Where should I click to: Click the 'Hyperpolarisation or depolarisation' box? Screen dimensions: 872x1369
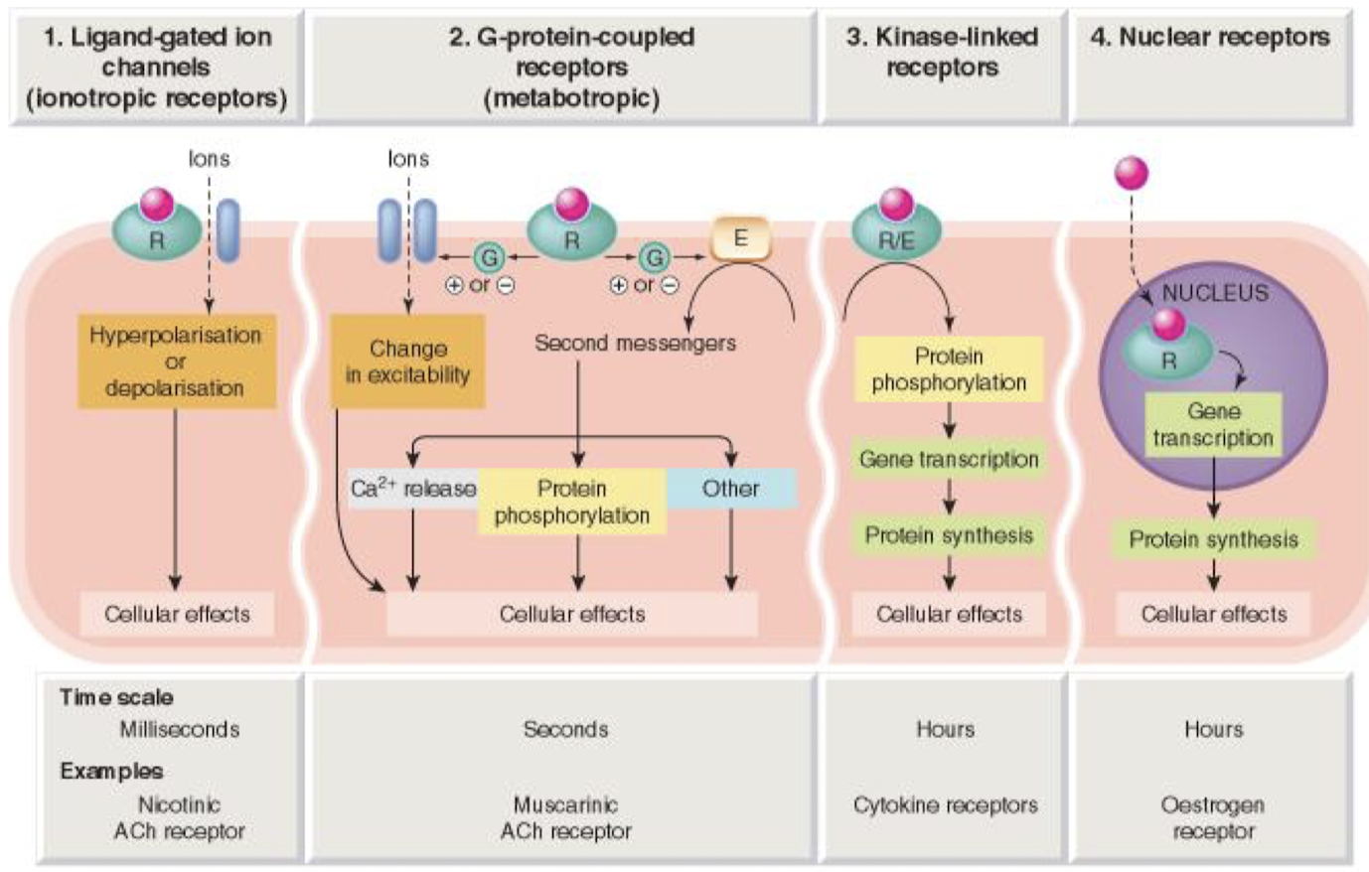[176, 362]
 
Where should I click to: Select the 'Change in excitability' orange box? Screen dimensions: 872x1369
[407, 362]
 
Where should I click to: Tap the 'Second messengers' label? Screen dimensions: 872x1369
[635, 344]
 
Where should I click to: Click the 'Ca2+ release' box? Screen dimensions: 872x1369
[412, 489]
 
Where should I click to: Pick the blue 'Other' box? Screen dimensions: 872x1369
[731, 489]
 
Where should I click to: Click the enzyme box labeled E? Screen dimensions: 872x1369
[740, 239]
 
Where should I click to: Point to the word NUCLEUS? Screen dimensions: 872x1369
[1215, 293]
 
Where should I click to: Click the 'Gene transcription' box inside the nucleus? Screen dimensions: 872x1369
[1213, 425]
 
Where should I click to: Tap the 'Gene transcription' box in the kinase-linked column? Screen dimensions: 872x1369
[949, 460]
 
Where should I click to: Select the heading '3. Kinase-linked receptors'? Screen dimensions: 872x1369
[942, 52]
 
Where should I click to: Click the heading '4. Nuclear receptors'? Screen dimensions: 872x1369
[1210, 38]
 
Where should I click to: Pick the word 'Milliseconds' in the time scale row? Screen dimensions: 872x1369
[180, 729]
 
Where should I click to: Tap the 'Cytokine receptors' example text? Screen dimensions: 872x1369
[945, 805]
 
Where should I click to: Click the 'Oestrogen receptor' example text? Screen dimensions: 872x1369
[1213, 817]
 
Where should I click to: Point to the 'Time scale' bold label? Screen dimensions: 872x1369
[116, 697]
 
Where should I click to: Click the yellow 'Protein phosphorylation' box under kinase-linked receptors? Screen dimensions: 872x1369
[949, 369]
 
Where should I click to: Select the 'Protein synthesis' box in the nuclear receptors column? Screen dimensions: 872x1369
[1213, 540]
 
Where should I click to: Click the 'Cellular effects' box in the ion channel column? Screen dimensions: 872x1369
[177, 615]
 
